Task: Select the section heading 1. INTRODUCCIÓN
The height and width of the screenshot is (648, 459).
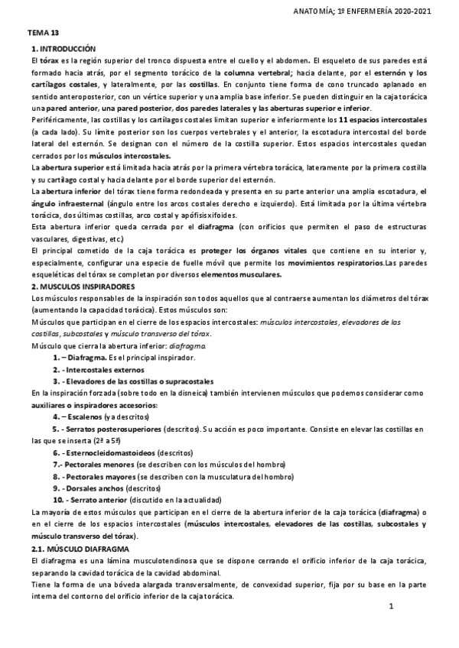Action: click(64, 48)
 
